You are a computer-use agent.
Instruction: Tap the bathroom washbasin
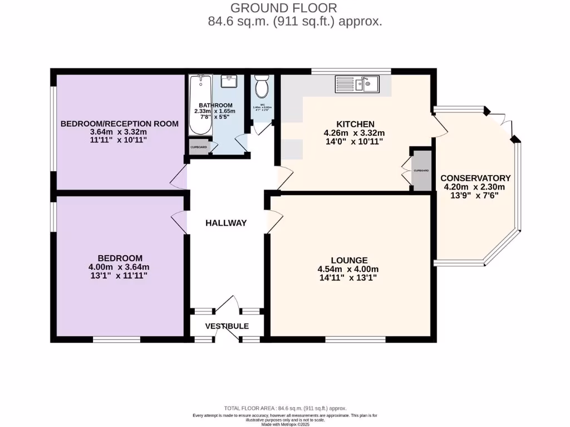(229, 82)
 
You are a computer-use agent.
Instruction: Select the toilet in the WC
(261, 87)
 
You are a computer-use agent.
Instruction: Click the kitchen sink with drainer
(357, 85)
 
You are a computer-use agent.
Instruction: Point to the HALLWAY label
(226, 223)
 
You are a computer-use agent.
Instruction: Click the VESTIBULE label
(227, 326)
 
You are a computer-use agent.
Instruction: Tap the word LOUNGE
(349, 260)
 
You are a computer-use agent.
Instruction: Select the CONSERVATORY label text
(475, 178)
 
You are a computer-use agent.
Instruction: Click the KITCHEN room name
(355, 123)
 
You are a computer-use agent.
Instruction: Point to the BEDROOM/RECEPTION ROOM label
(120, 123)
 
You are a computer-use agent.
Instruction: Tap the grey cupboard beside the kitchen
(421, 170)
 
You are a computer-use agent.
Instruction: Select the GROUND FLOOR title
(283, 8)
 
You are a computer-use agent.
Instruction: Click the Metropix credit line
(285, 424)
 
